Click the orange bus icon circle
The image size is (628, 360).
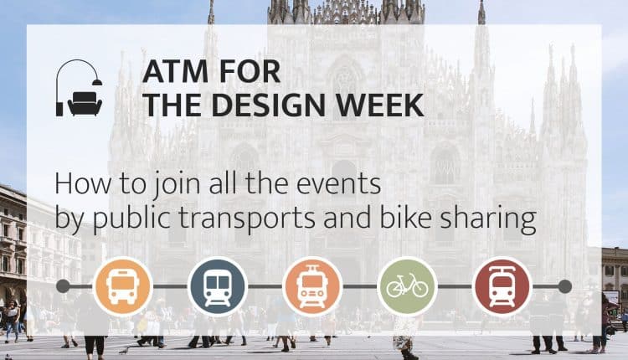(123, 286)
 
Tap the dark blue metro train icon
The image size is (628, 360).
(218, 286)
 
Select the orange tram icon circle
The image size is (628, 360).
(312, 286)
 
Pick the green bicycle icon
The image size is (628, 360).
(407, 286)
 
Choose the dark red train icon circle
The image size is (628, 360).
(502, 286)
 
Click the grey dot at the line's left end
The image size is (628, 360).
(63, 286)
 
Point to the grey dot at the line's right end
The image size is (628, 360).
(564, 286)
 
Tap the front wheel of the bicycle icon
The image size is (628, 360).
(419, 289)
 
